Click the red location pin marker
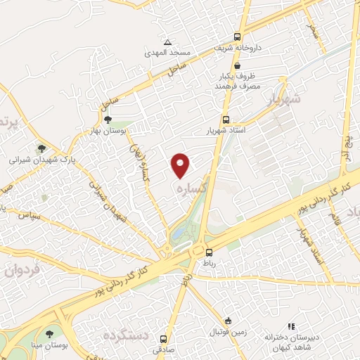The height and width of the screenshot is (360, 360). pyautogui.click(x=181, y=165)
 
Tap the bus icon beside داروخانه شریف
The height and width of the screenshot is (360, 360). pyautogui.click(x=238, y=37)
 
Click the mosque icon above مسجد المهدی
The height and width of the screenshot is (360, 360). pyautogui.click(x=167, y=42)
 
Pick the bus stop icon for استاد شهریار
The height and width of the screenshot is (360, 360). pyautogui.click(x=226, y=120)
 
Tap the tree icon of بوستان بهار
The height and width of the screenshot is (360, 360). pyautogui.click(x=107, y=120)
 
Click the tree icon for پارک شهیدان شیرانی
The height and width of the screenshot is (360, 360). pyautogui.click(x=41, y=149)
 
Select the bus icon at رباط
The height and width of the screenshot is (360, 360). pyautogui.click(x=208, y=251)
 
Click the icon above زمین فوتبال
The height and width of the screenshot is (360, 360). pyautogui.click(x=226, y=320)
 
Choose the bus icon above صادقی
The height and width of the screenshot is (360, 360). pyautogui.click(x=164, y=337)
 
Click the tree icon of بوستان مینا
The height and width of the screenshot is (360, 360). pyautogui.click(x=49, y=335)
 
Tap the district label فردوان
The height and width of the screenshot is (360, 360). pyautogui.click(x=20, y=269)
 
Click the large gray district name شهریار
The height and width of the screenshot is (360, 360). pyautogui.click(x=285, y=101)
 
